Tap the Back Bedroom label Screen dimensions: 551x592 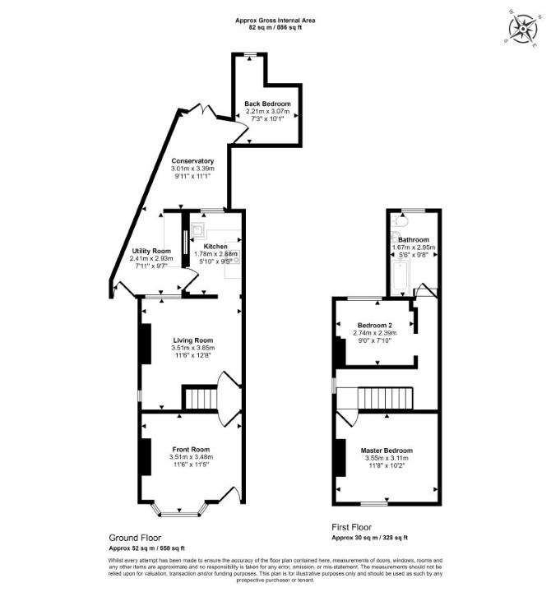click(x=267, y=104)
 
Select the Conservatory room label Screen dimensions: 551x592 click(x=192, y=161)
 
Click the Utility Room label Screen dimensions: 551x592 click(x=151, y=251)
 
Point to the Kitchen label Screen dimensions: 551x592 click(x=215, y=247)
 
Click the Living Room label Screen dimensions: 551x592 click(x=193, y=340)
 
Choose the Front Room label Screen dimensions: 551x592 click(x=191, y=449)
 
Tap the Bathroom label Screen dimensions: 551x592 click(x=414, y=240)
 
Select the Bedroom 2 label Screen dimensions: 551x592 click(x=375, y=325)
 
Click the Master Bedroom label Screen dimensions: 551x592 click(x=387, y=451)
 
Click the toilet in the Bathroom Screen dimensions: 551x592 click(x=400, y=221)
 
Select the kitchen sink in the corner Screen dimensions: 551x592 click(x=198, y=230)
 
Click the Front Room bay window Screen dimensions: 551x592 click(x=180, y=510)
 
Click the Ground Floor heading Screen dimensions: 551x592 click(x=135, y=538)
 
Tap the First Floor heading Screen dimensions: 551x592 click(x=352, y=527)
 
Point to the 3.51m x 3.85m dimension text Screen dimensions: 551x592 click(x=193, y=348)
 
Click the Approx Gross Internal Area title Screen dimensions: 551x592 click(x=275, y=21)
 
